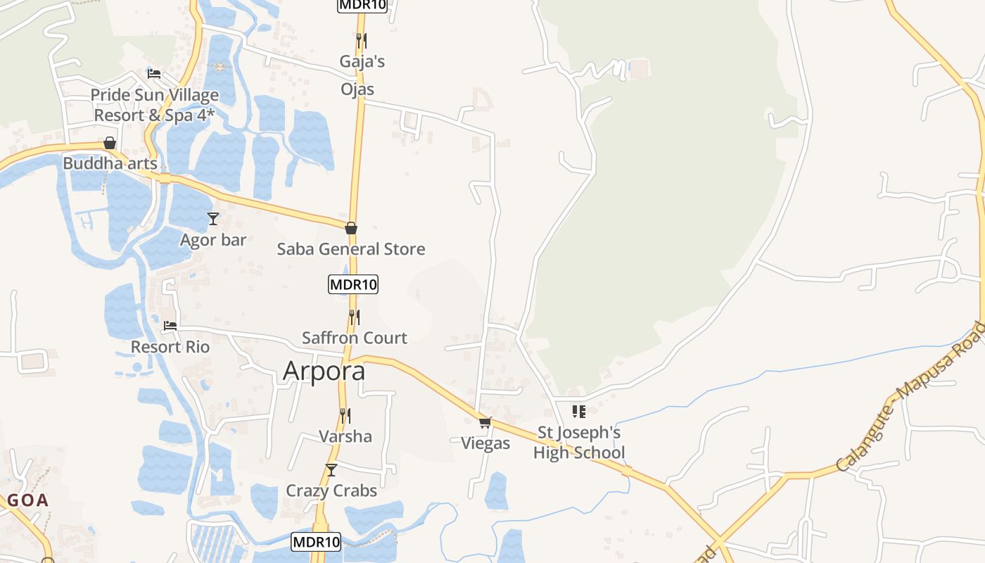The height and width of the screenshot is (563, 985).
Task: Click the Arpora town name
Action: click(x=324, y=371)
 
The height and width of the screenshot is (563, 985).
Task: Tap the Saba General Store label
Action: click(x=350, y=249)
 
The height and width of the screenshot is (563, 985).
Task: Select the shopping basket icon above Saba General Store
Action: click(x=350, y=228)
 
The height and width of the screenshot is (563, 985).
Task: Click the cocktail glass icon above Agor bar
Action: click(x=213, y=219)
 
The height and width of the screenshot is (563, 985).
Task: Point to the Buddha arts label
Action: click(x=110, y=163)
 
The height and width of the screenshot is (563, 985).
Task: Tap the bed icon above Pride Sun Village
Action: click(x=154, y=73)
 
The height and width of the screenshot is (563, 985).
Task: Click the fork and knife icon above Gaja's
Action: click(x=361, y=40)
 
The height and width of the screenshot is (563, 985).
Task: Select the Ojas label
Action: click(x=357, y=89)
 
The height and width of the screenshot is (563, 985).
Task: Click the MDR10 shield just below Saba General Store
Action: click(x=353, y=284)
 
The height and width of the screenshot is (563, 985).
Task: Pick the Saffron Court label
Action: click(x=355, y=338)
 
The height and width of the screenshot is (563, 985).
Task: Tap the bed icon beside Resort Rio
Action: click(x=170, y=326)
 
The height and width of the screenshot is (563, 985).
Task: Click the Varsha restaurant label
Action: click(x=345, y=436)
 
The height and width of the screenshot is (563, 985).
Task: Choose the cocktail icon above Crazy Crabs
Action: click(x=331, y=469)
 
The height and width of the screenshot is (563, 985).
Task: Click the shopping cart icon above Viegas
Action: click(x=485, y=422)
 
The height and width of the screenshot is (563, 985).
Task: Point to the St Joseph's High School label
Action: click(x=579, y=443)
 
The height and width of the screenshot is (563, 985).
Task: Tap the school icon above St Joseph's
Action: click(x=578, y=411)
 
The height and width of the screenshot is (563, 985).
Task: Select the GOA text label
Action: click(x=28, y=500)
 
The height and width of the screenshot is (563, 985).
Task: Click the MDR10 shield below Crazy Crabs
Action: click(x=316, y=542)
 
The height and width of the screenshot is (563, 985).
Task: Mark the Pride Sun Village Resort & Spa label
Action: click(x=154, y=105)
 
